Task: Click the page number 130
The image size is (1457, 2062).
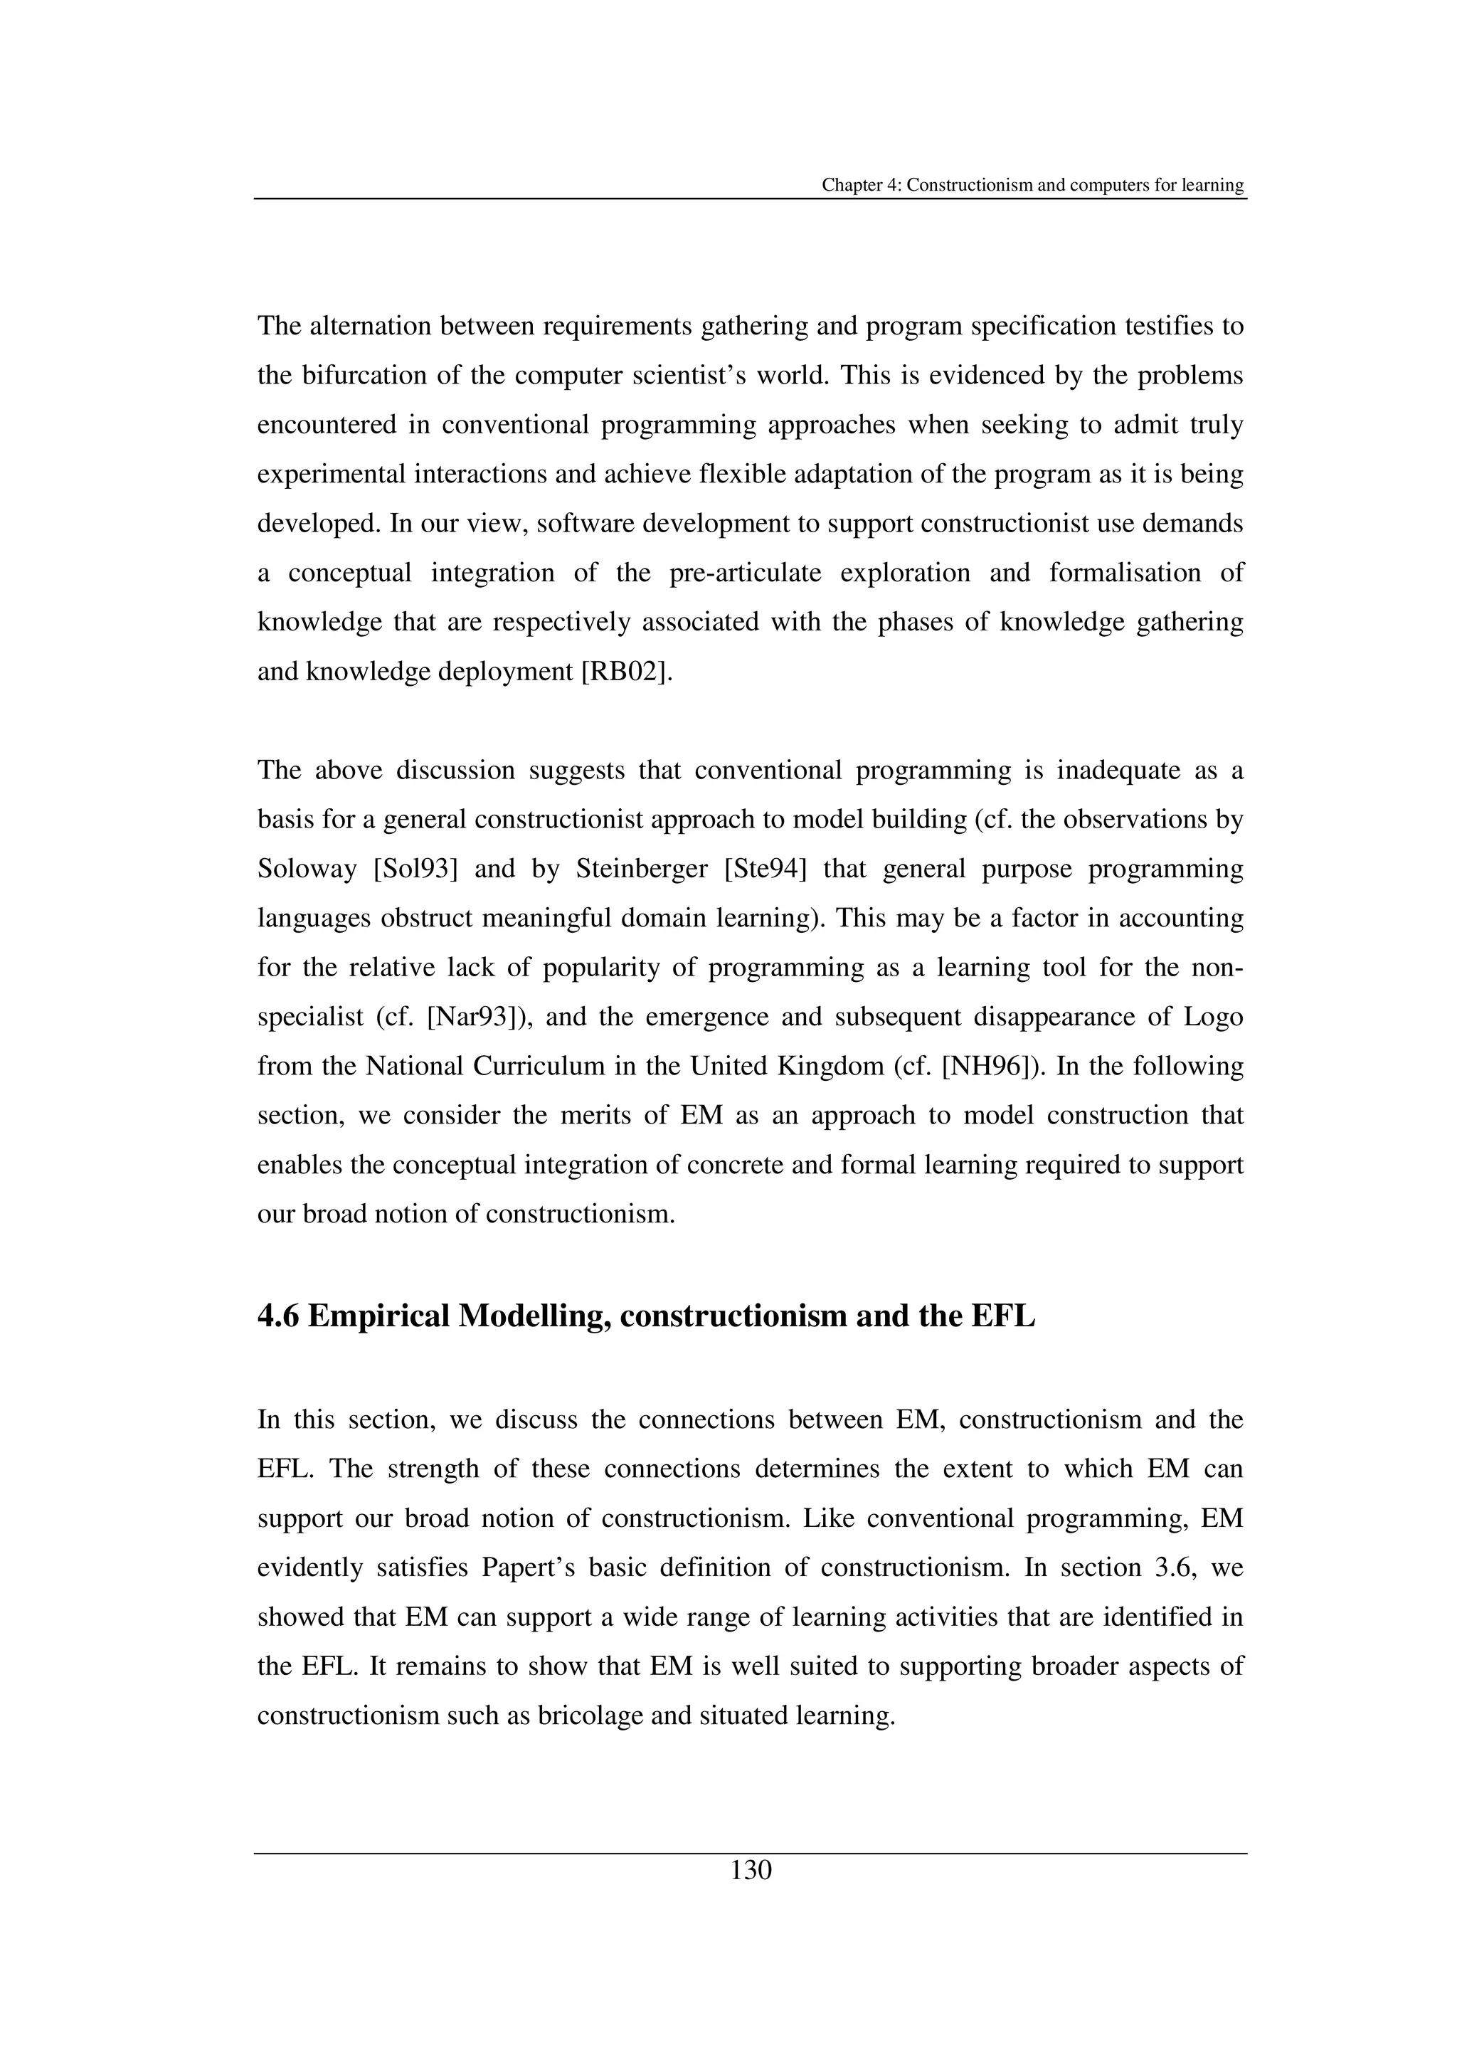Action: click(751, 1871)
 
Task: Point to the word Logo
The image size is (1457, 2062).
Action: click(1214, 1017)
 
